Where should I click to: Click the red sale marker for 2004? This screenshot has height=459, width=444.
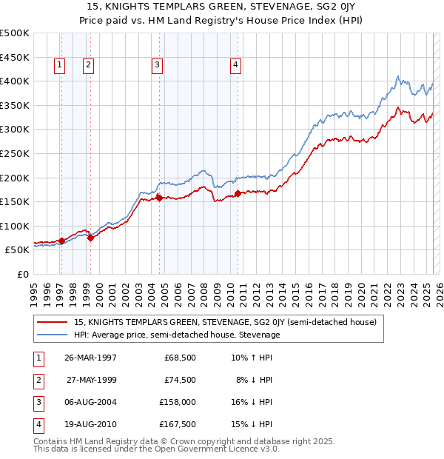(159, 198)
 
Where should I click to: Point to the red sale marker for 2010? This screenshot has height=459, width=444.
(238, 193)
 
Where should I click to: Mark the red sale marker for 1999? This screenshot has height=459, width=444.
(90, 238)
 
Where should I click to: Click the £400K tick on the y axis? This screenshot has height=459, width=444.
(15, 81)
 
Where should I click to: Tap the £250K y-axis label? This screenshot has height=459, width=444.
(15, 153)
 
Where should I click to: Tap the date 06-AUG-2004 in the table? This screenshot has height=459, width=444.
(90, 402)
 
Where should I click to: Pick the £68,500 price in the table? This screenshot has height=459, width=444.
(180, 358)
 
